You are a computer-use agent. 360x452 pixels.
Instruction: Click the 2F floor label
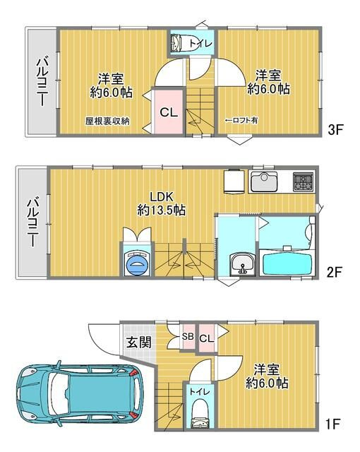coord(335,270)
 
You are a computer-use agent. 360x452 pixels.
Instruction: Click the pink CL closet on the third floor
coord(167,112)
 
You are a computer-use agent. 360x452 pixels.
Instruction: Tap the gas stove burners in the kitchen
coord(304,181)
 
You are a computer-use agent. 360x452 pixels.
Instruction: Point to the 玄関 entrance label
coord(138,343)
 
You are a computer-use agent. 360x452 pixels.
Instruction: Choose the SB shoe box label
coord(188,336)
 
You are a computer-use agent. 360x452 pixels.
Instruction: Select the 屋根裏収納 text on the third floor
coord(107,121)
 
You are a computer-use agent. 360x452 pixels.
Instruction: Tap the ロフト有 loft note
coord(241,121)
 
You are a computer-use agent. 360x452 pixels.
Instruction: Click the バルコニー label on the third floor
coord(40,83)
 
